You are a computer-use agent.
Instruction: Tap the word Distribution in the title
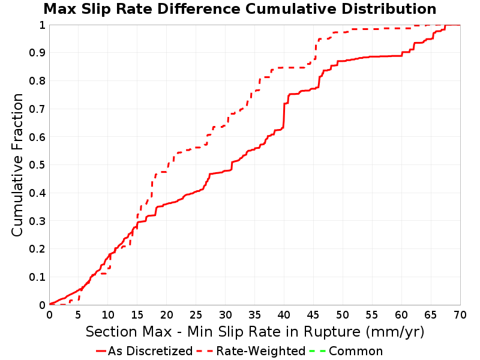coord(389,9)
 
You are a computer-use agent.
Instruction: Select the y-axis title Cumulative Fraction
coord(17,164)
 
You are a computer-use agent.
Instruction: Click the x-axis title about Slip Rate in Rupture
coord(255,332)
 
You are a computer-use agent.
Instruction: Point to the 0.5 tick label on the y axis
coord(37,165)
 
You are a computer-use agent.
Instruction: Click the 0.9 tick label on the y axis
coord(37,53)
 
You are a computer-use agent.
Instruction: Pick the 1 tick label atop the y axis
coord(42,25)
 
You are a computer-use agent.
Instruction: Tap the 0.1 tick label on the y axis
coord(37,277)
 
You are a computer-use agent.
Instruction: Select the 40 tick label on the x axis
coord(284,314)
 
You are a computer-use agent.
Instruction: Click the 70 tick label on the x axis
coord(460,314)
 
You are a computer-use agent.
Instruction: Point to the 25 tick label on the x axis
coord(196,314)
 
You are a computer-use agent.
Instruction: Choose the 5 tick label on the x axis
coord(79,314)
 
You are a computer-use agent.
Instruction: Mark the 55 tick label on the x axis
coord(372,314)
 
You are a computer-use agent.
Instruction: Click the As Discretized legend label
coord(150,351)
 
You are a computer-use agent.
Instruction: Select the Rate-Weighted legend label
coord(261,351)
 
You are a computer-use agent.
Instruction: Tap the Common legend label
coord(356,351)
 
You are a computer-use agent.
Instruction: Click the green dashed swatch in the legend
coord(317,351)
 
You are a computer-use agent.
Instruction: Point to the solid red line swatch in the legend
coord(101,351)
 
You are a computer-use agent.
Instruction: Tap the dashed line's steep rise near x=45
coord(316,49)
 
